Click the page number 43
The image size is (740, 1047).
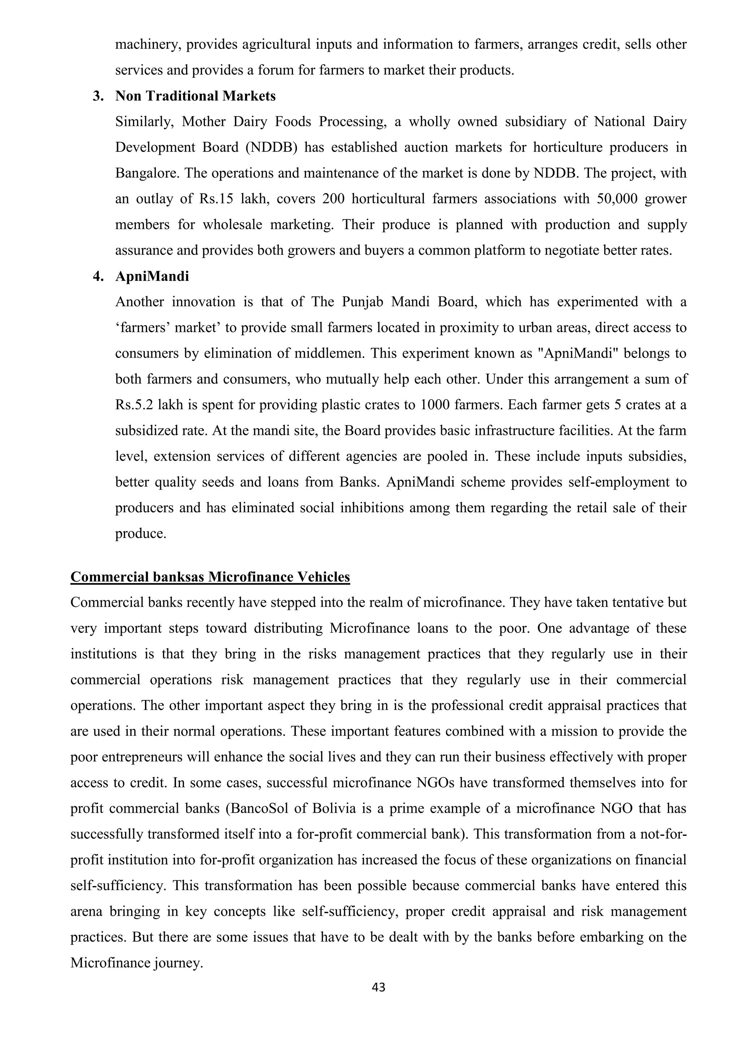tap(379, 987)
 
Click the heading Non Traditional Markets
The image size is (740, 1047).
tap(195, 96)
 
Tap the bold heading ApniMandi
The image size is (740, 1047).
tap(152, 276)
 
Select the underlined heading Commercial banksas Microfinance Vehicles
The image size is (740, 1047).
tap(210, 577)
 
